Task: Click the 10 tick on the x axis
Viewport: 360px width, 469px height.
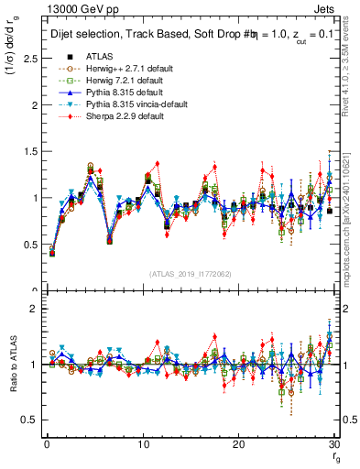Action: [x=143, y=443]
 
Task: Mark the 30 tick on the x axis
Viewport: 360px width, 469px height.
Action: [x=334, y=443]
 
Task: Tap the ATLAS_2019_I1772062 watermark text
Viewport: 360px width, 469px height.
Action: [x=188, y=273]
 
